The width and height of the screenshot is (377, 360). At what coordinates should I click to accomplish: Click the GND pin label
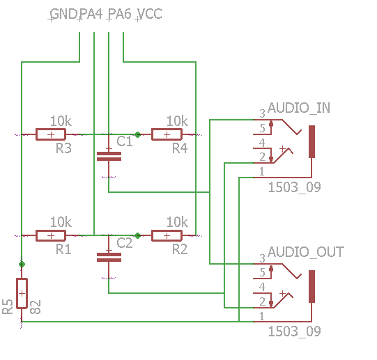coord(64,14)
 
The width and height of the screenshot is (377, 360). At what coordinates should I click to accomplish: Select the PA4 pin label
coord(91,14)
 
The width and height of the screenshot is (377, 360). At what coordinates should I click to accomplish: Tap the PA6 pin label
coord(121,14)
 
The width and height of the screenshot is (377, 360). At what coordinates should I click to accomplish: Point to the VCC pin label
coord(151,14)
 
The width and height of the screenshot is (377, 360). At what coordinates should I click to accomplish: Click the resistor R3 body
coord(51,134)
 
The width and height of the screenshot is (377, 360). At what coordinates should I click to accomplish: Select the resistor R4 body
coord(167,134)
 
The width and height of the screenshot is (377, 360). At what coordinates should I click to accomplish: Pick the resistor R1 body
coord(51,235)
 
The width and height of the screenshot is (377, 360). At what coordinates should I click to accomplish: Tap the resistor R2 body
coord(167,235)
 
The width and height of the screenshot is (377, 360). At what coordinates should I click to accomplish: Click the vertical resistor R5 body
coord(22,293)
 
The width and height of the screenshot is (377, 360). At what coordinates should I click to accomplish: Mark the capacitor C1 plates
coord(109,156)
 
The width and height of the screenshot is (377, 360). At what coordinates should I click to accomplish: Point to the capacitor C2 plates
coord(109,257)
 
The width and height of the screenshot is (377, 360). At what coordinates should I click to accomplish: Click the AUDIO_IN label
coord(299,108)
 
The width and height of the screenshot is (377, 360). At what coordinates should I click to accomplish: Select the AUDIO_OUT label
coord(306,252)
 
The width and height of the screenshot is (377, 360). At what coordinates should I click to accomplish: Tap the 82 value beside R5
coord(36,307)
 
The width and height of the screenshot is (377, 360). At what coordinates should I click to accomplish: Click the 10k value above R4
coord(177,121)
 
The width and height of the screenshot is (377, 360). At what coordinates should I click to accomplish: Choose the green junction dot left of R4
coord(137,134)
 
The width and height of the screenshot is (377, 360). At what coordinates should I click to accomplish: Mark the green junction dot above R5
coord(22,265)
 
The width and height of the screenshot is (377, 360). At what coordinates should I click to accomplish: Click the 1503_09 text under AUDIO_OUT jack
coord(295,331)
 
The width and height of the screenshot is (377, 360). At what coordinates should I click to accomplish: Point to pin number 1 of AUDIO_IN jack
coord(262,171)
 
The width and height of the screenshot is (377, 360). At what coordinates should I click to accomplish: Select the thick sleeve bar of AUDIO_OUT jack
coord(311,286)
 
